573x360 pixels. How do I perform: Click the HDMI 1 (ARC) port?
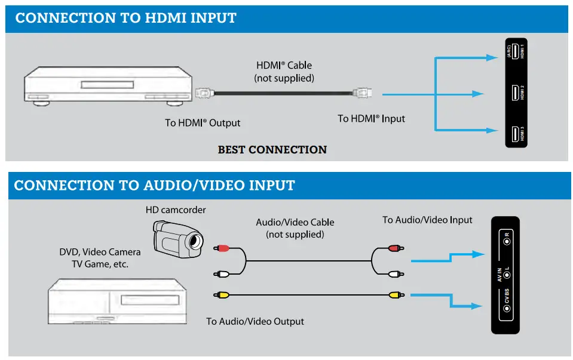point(514,52)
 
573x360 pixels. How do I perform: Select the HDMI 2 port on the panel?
point(514,93)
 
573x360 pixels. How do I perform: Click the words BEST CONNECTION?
point(272,149)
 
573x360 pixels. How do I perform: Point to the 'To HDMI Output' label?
point(203,123)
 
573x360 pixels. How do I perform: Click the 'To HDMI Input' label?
point(371,118)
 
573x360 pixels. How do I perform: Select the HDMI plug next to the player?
point(204,93)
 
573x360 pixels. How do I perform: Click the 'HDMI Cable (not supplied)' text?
point(284,72)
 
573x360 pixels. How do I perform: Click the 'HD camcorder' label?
point(175,210)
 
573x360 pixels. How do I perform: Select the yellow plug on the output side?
point(222,294)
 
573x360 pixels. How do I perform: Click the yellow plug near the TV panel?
point(393,294)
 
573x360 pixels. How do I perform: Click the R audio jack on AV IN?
point(505,242)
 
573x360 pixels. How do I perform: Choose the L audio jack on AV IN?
point(505,274)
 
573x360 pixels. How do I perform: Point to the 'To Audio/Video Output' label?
point(255,321)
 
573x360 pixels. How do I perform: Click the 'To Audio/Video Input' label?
point(427,220)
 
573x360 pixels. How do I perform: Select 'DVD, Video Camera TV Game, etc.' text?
point(100,258)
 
